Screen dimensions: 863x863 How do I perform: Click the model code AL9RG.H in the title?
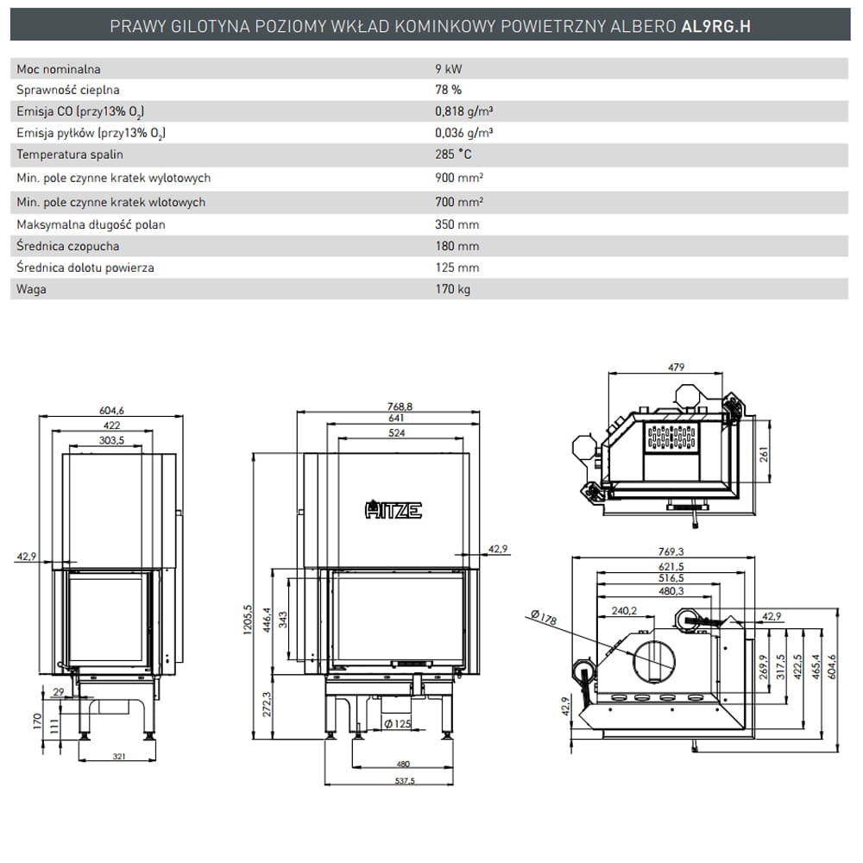tap(715, 26)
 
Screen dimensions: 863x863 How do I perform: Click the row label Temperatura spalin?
tap(70, 154)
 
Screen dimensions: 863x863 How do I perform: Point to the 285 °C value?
tap(454, 154)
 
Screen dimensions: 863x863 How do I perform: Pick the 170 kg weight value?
tap(453, 289)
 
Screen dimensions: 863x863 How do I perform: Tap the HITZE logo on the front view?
tap(394, 510)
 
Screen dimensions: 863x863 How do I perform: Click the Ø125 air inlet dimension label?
tap(397, 723)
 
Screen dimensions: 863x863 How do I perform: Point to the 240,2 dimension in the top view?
tap(624, 610)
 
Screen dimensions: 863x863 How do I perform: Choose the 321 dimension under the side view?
tap(119, 756)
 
